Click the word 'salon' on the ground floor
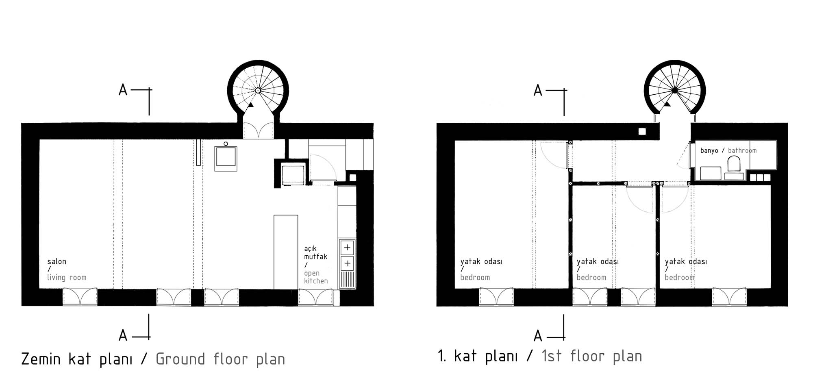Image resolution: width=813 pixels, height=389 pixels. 57,261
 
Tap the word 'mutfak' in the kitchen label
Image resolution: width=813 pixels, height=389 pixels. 316,256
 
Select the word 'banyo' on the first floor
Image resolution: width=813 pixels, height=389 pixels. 709,150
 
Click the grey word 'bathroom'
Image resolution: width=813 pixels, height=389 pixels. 742,150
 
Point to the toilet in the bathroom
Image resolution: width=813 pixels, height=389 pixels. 734,164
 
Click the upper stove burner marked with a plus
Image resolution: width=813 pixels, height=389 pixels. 347,248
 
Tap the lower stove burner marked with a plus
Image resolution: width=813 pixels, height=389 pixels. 347,263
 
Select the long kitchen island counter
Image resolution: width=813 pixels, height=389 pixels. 286,252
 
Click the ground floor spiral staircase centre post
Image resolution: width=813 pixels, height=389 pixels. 258,90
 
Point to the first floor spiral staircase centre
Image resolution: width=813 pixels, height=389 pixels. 675,90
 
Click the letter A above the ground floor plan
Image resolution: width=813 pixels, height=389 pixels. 123,90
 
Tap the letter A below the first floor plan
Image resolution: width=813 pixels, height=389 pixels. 538,336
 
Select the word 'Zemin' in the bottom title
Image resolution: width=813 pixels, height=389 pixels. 41,359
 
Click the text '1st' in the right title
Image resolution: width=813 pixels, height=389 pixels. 552,356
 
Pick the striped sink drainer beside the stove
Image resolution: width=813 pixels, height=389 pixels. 347,280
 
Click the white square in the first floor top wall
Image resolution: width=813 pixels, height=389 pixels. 642,131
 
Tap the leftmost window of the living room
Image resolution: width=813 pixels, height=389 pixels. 80,297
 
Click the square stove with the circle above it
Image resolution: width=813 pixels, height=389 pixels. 226,156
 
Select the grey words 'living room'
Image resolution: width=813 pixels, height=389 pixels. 67,278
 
